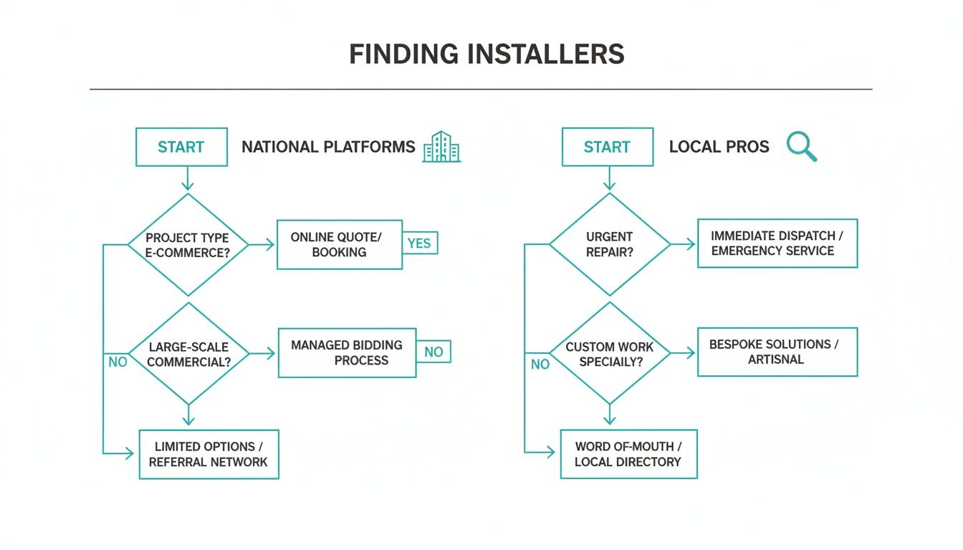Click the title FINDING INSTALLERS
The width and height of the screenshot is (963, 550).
pyautogui.click(x=487, y=55)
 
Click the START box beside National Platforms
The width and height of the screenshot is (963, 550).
pyautogui.click(x=181, y=147)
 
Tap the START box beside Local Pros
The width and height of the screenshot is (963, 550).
pyautogui.click(x=607, y=147)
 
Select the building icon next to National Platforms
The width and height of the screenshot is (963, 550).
pyautogui.click(x=441, y=147)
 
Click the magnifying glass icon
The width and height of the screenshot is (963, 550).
pyautogui.click(x=801, y=146)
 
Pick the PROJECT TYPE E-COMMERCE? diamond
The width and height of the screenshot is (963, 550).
pyautogui.click(x=188, y=245)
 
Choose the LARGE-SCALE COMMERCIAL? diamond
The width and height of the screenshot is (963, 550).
pyautogui.click(x=188, y=354)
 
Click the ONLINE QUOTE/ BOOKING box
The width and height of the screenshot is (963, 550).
pyautogui.click(x=339, y=245)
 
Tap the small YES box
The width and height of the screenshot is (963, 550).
pyautogui.click(x=419, y=243)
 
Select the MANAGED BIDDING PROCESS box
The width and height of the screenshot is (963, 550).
pyautogui.click(x=347, y=352)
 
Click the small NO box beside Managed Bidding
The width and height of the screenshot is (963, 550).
pyautogui.click(x=433, y=352)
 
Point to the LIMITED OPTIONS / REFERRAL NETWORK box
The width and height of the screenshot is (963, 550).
pyautogui.click(x=209, y=454)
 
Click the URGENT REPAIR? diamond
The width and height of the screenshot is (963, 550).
pyautogui.click(x=610, y=244)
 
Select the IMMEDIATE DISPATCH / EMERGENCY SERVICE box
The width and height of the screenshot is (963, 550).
pyautogui.click(x=777, y=243)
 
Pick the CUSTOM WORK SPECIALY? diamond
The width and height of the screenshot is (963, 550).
pyautogui.click(x=610, y=354)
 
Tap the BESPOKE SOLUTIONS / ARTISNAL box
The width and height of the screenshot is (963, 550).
pyautogui.click(x=777, y=352)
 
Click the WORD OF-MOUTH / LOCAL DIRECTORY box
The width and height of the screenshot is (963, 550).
pyautogui.click(x=628, y=454)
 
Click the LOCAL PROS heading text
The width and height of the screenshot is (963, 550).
pyautogui.click(x=719, y=147)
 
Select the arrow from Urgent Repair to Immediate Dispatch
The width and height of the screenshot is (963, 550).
pyautogui.click(x=684, y=244)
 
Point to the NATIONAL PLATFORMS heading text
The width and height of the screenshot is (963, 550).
pyautogui.click(x=328, y=147)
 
